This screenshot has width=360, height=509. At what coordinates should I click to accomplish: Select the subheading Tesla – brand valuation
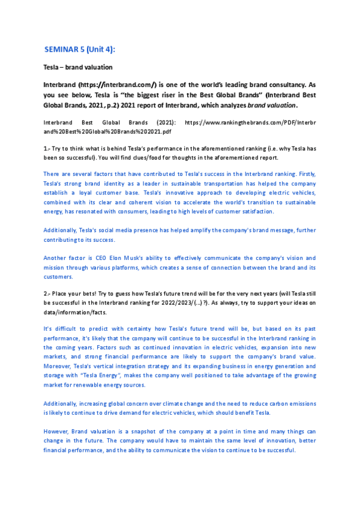(78, 67)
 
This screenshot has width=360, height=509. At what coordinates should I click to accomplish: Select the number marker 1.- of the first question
(47, 147)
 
